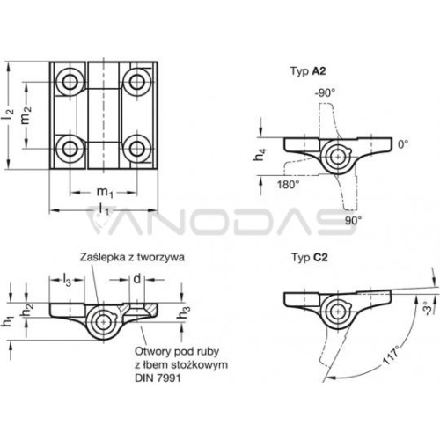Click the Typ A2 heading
coord(308,71)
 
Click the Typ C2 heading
coord(310,258)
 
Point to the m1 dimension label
coord(105,193)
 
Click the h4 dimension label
coord(260,155)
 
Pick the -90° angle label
coord(325,93)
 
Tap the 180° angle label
coord(289,185)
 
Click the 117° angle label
coord(392,355)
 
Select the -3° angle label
coord(428,306)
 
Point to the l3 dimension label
coord(67,280)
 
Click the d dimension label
coord(137,279)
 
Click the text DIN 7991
coord(158,378)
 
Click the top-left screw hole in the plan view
coord(70,82)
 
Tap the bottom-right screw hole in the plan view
coord(136,149)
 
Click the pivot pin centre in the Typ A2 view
coord(338,157)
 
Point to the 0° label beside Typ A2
coord(403,144)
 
